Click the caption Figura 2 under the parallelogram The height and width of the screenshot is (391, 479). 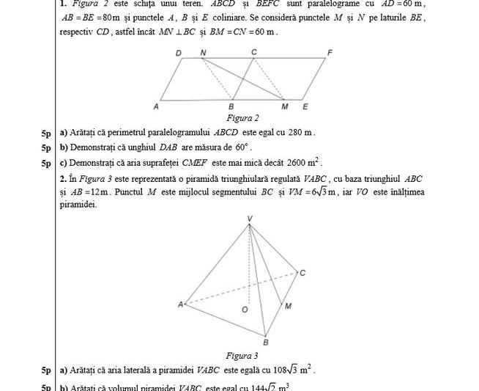pos(242,117)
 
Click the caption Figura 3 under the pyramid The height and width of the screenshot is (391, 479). pos(242,356)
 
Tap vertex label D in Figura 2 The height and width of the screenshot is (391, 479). pos(179,53)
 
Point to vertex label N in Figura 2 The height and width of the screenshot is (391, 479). pos(203,52)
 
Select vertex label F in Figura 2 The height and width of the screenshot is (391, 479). pos(330,52)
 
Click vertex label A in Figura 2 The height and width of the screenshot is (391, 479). pos(156,107)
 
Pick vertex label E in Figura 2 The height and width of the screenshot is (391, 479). pos(305,107)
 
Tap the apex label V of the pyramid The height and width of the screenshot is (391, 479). pos(250,219)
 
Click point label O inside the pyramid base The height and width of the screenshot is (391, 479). pos(245,310)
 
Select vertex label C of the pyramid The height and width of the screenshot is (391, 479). pos(302,273)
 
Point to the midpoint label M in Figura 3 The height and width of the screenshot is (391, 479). pos(288,305)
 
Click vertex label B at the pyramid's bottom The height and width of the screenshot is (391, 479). pos(266,342)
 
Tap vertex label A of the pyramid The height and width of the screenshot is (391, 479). pos(180,304)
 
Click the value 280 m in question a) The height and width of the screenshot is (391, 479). pos(301,133)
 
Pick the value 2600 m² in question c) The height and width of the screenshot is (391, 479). pos(304,163)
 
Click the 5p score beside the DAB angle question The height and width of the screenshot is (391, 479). pos(47,147)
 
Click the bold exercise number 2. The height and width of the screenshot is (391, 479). pos(63,179)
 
